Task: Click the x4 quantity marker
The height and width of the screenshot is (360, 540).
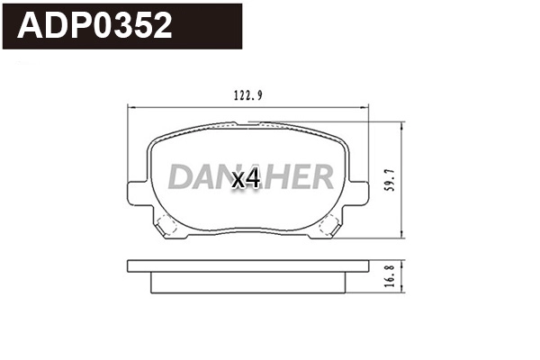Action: [246, 179]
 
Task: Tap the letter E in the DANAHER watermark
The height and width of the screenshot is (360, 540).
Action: [297, 177]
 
